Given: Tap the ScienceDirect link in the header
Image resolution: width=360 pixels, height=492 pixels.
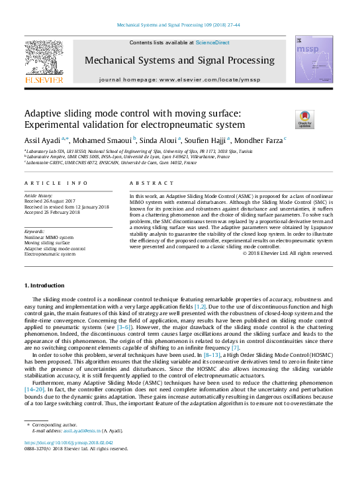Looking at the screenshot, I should point(212,42).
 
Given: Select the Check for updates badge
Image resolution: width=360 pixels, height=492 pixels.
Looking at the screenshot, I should point(304,119).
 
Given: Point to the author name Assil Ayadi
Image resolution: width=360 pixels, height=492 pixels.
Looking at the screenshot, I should point(42,140).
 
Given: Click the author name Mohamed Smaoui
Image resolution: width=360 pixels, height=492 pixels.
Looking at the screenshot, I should point(103,140).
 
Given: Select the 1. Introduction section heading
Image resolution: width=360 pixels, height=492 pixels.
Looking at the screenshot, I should point(44,285).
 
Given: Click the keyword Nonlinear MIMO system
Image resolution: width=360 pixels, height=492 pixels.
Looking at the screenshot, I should point(49,237).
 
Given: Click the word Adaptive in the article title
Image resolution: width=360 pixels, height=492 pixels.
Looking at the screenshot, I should point(44,113).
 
